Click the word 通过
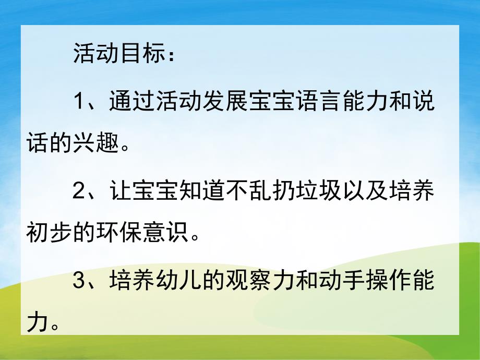point(133,101)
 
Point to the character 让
point(121,192)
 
